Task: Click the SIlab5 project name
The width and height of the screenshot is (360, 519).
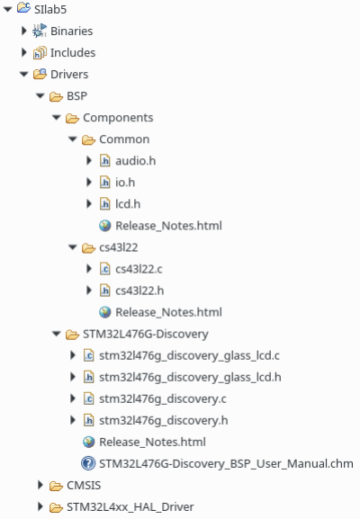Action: point(50,9)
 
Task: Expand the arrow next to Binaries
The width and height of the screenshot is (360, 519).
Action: point(23,31)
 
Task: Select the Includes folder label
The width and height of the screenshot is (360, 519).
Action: point(73,53)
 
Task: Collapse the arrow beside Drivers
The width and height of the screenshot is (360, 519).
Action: point(23,74)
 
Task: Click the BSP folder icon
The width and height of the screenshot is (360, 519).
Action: point(56,96)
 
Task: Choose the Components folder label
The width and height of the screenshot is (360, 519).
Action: point(118,118)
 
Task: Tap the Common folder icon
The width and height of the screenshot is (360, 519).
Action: point(88,139)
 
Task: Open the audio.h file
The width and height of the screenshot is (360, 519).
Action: point(136,161)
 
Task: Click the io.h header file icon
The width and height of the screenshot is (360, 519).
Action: point(105,183)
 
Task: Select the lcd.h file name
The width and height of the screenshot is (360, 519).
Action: point(128,204)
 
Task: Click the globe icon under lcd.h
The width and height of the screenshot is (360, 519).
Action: point(105,226)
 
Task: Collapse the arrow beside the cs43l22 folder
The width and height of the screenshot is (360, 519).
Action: point(73,247)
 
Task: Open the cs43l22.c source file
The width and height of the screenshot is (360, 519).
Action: point(139,269)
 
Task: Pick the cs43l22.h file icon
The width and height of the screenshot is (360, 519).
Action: point(105,291)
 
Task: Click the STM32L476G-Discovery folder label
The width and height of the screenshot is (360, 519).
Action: point(146,334)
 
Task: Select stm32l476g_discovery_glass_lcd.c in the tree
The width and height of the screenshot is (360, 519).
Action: point(189,355)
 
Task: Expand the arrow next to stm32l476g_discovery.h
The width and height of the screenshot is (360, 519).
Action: point(73,420)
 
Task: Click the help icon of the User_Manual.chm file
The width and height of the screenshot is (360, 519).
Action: point(88,463)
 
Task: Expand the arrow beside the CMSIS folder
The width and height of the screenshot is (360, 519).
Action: point(40,485)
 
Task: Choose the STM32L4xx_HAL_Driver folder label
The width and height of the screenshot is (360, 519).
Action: point(130,507)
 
